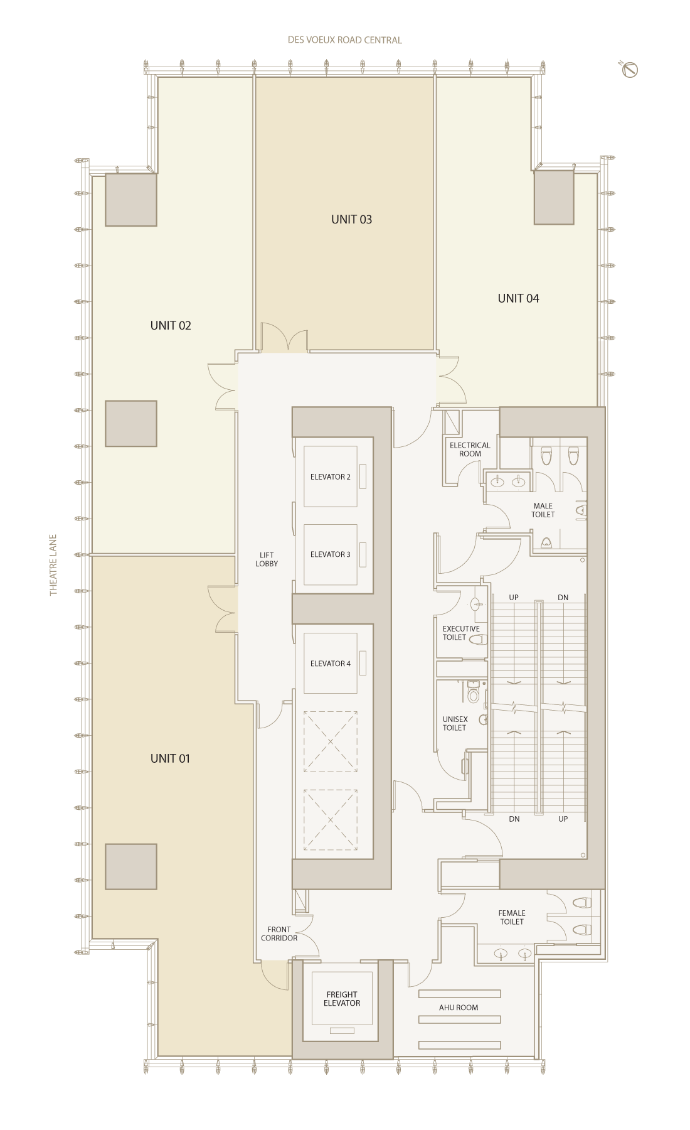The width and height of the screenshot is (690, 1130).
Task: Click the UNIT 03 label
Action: click(x=351, y=219)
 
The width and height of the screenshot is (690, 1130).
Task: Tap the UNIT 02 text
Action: click(x=171, y=325)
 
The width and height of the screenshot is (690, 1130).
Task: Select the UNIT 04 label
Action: click(x=518, y=298)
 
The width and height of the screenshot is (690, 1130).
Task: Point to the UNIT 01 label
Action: click(x=170, y=758)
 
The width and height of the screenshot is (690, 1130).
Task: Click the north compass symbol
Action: click(x=629, y=69)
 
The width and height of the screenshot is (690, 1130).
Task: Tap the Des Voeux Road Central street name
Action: click(x=344, y=40)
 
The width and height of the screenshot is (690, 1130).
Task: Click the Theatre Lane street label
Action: click(x=53, y=565)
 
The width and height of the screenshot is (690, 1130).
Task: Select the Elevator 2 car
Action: click(x=331, y=476)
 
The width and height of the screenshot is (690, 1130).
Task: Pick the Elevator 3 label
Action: click(x=330, y=554)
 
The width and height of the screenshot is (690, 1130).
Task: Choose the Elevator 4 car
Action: click(x=331, y=663)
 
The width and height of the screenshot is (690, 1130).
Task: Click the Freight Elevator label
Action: click(x=342, y=999)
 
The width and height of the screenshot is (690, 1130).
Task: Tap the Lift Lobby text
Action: click(x=267, y=559)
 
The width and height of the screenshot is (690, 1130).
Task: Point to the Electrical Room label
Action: click(x=470, y=449)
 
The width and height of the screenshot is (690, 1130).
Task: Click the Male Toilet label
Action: click(x=543, y=510)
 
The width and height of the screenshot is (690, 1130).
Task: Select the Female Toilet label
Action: click(x=512, y=917)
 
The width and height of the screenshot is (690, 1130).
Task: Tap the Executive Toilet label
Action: click(x=461, y=633)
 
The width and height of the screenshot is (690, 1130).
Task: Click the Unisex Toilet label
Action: click(x=455, y=723)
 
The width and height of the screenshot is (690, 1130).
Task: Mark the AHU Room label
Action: click(x=459, y=1008)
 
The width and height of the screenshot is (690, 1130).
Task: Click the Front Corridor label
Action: click(x=279, y=934)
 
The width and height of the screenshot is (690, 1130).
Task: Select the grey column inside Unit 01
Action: click(x=131, y=866)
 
